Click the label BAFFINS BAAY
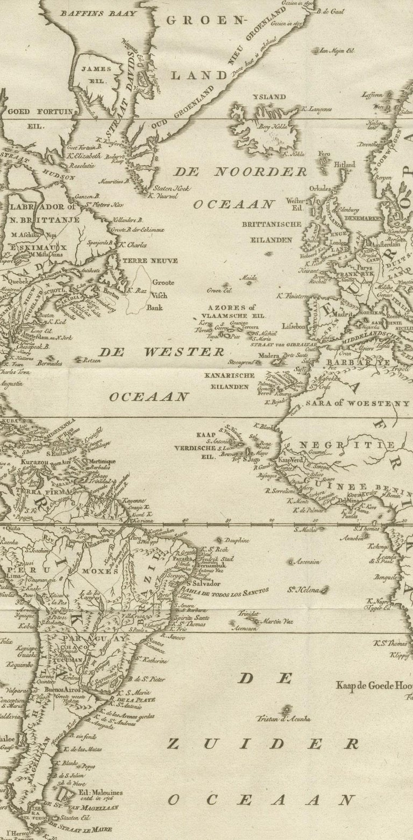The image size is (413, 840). click(x=91, y=13)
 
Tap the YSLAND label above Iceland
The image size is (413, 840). click(x=270, y=97)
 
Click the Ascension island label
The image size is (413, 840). click(x=307, y=561)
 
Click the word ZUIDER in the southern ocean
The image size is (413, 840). click(x=262, y=744)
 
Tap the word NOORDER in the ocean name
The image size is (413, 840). click(x=261, y=172)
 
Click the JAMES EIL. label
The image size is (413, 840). click(x=96, y=74)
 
